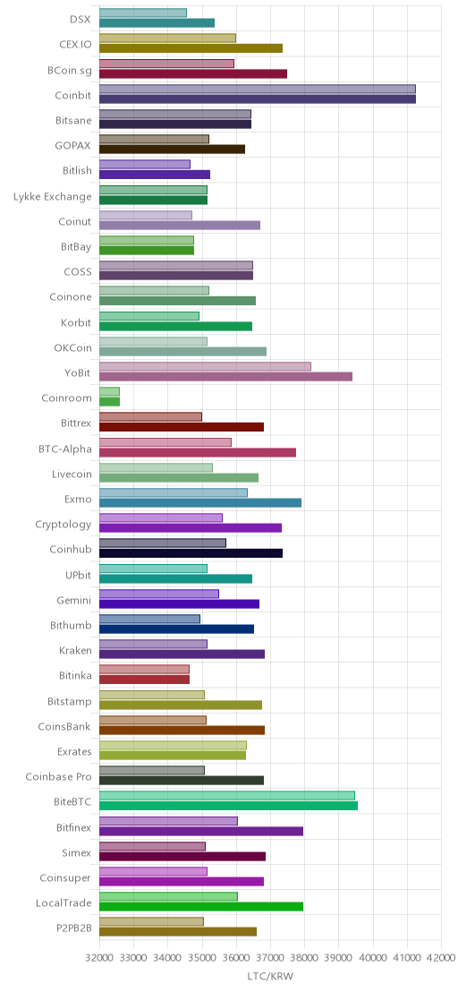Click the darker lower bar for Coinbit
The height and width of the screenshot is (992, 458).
click(258, 98)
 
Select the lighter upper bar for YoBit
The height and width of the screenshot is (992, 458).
click(206, 366)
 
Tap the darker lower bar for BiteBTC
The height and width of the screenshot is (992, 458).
click(229, 806)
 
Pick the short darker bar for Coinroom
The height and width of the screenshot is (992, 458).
click(110, 402)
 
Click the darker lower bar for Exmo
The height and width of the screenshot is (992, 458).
click(200, 503)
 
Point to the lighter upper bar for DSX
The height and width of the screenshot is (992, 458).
click(143, 13)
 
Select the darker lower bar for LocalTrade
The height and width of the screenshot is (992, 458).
click(201, 907)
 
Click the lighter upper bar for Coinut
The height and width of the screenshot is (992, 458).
click(146, 215)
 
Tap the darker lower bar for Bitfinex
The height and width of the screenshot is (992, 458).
click(201, 831)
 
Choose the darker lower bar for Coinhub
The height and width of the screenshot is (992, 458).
click(191, 553)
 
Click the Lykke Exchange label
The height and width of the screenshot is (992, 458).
click(53, 197)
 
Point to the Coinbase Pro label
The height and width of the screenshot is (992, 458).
click(58, 776)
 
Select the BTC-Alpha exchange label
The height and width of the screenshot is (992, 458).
click(65, 449)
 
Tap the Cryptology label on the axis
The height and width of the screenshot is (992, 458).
click(64, 525)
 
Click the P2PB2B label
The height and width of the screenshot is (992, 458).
click(74, 928)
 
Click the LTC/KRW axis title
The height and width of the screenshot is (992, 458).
click(270, 976)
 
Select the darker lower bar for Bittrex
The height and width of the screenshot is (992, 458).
click(182, 427)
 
